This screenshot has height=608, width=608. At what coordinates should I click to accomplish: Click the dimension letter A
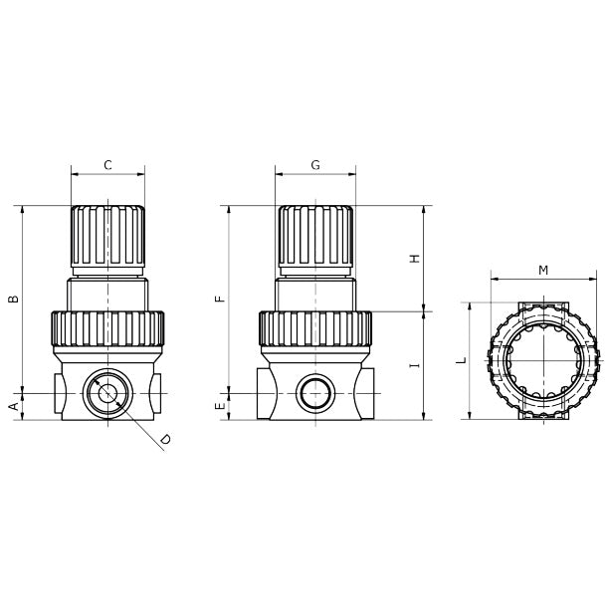click(14, 406)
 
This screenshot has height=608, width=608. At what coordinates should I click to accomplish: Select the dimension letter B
click(14, 299)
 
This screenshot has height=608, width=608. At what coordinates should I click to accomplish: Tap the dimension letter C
click(107, 165)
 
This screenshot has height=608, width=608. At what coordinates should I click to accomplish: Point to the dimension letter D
click(165, 439)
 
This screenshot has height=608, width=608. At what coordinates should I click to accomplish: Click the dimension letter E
click(221, 406)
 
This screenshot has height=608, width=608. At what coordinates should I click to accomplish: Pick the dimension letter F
click(221, 298)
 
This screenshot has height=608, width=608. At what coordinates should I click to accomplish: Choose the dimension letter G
click(315, 165)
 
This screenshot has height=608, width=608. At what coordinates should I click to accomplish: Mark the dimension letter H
click(415, 259)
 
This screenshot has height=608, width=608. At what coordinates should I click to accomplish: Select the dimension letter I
click(415, 365)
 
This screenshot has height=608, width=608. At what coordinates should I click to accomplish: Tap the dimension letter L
click(462, 360)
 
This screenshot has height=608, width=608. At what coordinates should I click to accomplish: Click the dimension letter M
click(543, 271)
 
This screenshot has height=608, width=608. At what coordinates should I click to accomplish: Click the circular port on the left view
click(107, 393)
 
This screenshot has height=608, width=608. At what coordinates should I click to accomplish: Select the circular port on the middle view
click(315, 393)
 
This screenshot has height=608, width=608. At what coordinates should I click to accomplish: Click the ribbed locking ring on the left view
click(107, 328)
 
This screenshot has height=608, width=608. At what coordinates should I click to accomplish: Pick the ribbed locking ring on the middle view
click(315, 328)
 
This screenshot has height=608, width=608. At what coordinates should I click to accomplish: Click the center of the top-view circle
click(543, 360)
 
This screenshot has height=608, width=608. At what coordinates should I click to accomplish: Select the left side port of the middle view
click(264, 393)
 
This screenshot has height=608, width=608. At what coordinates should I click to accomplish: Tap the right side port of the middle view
click(367, 393)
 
